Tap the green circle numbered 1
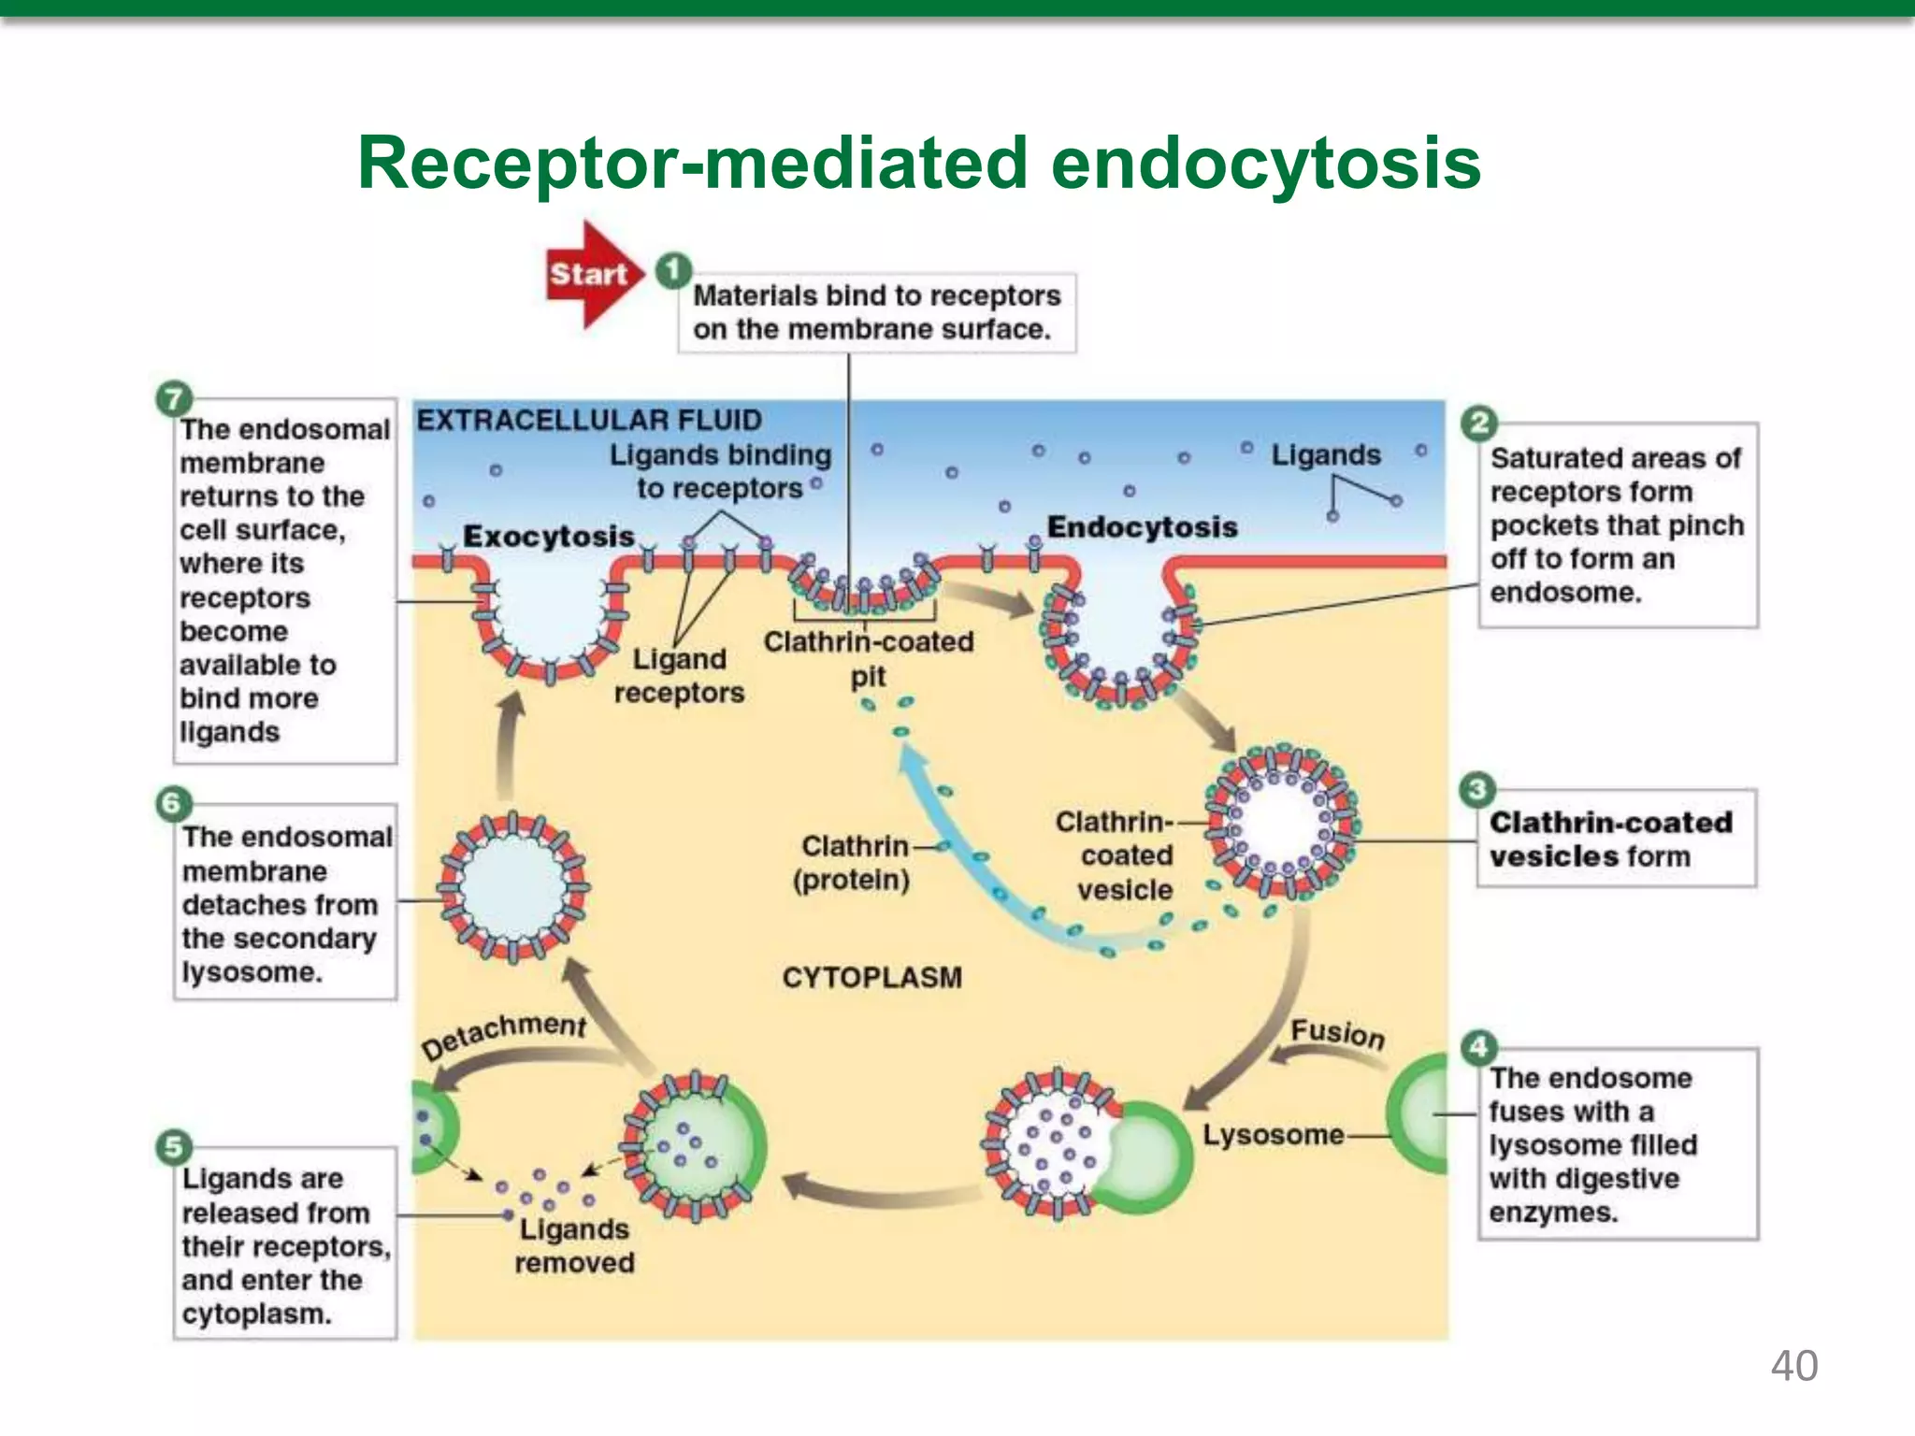coord(672,271)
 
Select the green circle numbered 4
coord(1478,1047)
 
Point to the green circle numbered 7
coord(173,399)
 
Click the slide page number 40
coord(1793,1366)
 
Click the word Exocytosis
coord(549,536)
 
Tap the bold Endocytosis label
coord(1142,526)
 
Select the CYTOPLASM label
coord(871,977)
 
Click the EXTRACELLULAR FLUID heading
coord(589,420)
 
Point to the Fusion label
coord(1337,1033)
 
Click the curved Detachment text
coord(504,1034)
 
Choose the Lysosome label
coord(1273,1135)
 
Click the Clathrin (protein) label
coord(852,863)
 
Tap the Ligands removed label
coord(574,1245)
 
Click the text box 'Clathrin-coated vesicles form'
coord(1615,839)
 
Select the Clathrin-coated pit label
coord(869,658)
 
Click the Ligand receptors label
coord(680,675)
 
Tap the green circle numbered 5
coord(174,1146)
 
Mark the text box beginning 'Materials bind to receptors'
coord(876,312)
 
